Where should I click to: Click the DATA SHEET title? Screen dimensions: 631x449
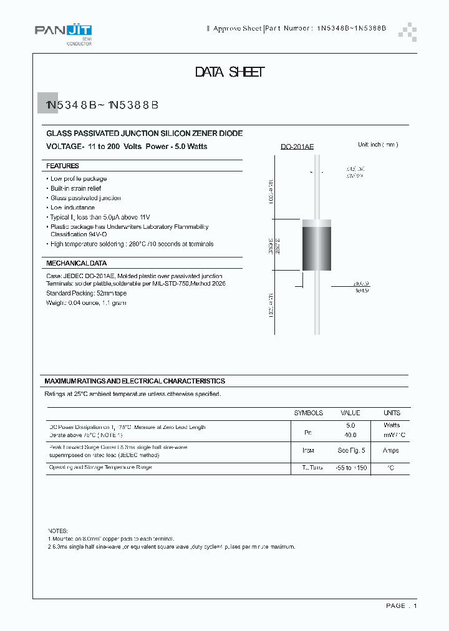[229, 72]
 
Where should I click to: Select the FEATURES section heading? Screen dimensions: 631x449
[62, 166]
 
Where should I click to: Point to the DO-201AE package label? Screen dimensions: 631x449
[297, 147]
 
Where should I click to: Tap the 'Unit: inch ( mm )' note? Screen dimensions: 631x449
[377, 145]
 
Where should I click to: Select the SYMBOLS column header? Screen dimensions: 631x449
[308, 413]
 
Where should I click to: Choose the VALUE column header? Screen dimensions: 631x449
[350, 413]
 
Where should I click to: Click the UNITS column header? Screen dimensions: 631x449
[392, 413]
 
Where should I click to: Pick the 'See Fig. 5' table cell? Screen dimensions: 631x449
[350, 450]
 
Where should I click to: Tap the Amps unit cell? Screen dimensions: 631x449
[391, 450]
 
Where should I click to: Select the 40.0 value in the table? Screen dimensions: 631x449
[350, 435]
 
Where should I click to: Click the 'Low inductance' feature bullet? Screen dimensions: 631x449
[72, 208]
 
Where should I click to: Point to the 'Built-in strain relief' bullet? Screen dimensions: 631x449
[75, 188]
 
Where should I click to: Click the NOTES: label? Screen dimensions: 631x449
[57, 529]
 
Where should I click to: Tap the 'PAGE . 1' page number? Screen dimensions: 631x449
[401, 605]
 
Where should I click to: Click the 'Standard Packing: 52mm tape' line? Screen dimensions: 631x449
[86, 293]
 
